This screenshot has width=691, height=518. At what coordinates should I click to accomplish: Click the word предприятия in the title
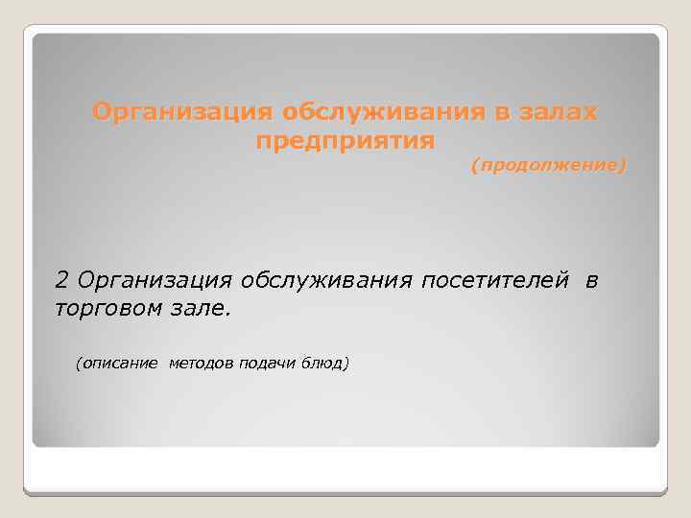click(x=346, y=141)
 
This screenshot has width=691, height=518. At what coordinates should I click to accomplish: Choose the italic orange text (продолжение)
click(x=548, y=166)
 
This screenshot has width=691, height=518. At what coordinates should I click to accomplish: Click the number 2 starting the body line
click(x=63, y=280)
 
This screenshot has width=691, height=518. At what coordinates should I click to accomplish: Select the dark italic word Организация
click(x=155, y=280)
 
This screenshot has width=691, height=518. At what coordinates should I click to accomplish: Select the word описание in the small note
click(x=119, y=364)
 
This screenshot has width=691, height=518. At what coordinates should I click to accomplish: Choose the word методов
click(x=203, y=364)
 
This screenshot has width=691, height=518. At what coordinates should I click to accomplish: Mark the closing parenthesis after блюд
click(x=348, y=364)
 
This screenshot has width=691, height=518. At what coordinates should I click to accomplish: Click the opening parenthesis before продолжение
click(x=472, y=166)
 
